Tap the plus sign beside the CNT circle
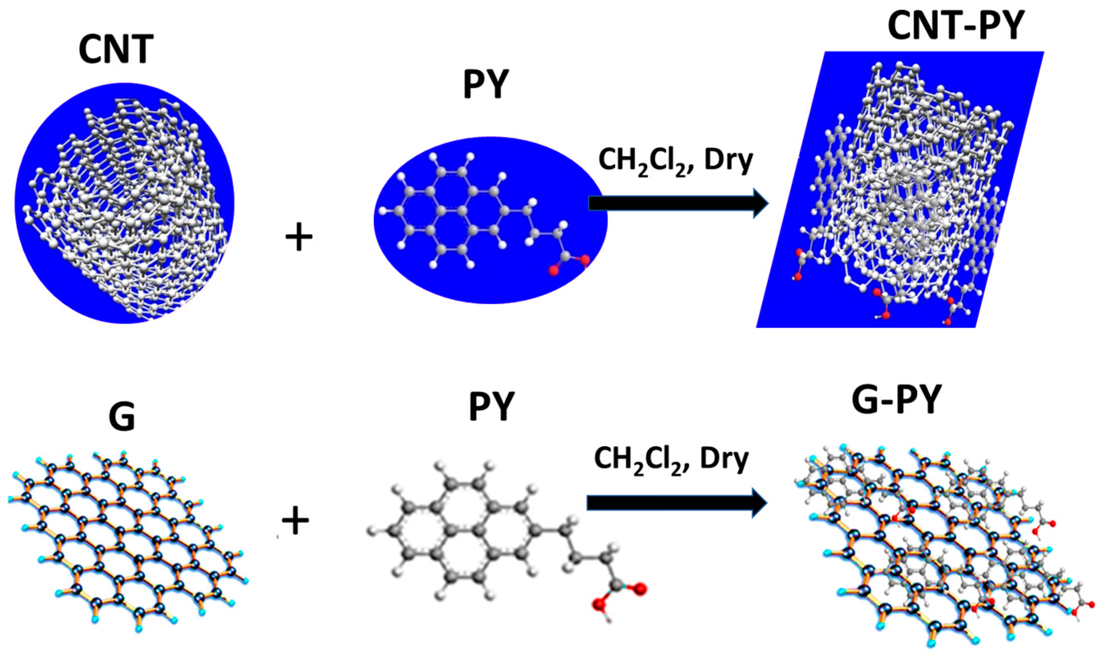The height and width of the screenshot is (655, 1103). coord(299,237)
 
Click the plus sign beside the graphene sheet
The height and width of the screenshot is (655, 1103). coord(295,521)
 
